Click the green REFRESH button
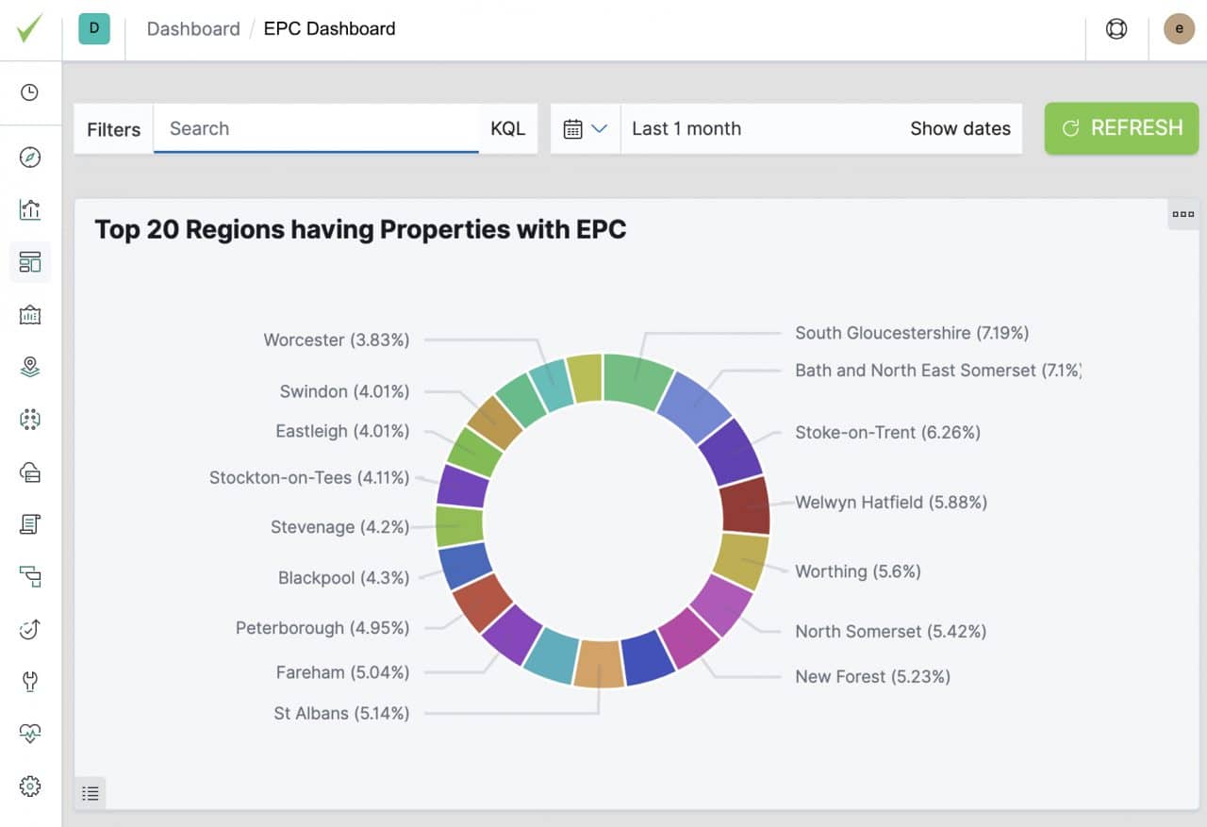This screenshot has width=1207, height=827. [1121, 128]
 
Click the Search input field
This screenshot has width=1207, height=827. [316, 128]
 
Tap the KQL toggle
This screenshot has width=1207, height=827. [507, 128]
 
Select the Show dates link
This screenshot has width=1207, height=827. [960, 128]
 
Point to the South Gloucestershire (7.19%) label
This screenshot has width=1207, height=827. [911, 333]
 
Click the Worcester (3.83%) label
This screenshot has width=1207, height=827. [337, 339]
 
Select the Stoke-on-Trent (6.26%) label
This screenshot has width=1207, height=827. [887, 432]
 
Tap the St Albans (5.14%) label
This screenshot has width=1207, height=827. [341, 713]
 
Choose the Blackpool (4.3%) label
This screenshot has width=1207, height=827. [343, 577]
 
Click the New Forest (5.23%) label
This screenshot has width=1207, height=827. [872, 676]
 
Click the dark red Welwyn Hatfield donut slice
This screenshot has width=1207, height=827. [745, 504]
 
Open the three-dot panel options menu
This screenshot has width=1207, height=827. [1182, 214]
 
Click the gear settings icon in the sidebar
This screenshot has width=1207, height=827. [30, 786]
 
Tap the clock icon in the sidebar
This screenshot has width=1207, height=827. [30, 92]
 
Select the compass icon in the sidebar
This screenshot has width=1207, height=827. [30, 157]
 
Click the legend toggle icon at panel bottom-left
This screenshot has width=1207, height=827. [91, 793]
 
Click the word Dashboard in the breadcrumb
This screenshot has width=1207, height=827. [193, 29]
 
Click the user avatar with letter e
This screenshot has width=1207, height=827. [1179, 29]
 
